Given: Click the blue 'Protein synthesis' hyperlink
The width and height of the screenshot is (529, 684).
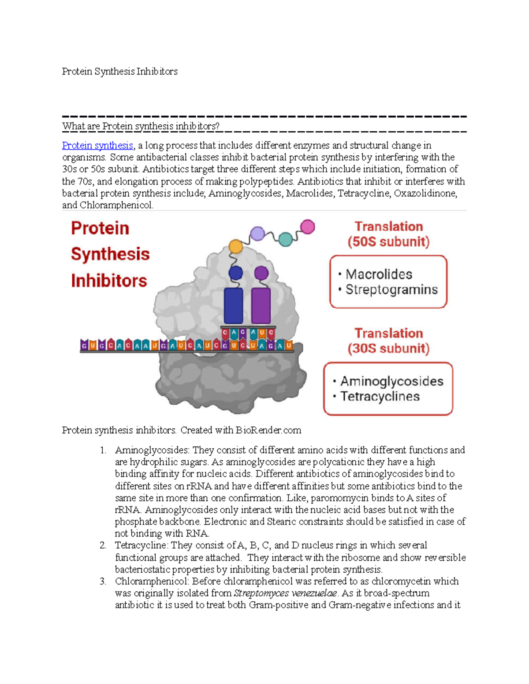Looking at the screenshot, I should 97,145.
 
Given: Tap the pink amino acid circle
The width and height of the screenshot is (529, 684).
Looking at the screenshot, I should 307,227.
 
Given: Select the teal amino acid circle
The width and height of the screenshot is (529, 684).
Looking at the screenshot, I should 286,239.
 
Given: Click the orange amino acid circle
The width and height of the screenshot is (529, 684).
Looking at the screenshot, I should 236,246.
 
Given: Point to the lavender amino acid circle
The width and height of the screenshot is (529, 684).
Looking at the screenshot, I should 257,233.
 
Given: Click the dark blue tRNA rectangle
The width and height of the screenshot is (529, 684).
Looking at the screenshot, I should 233,306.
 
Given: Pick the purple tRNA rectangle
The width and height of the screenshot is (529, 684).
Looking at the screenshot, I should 261,306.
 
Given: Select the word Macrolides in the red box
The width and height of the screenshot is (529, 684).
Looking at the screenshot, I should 379,274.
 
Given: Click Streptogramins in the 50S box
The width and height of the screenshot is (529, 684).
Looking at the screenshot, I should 391,290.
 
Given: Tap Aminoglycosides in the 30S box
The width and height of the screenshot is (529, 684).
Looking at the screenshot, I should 391,381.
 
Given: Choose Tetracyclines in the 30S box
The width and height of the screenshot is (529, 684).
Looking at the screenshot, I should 380,396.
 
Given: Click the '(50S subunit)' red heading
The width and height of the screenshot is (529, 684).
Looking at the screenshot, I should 388,242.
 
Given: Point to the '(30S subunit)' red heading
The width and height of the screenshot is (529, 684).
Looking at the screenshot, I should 388,348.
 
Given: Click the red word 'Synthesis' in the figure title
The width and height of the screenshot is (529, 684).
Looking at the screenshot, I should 110,254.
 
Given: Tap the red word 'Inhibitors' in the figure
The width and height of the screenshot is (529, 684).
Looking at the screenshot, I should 109,281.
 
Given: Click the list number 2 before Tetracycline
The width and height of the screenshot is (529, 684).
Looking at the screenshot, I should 102,545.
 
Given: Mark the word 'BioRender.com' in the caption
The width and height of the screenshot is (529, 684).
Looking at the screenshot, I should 268,430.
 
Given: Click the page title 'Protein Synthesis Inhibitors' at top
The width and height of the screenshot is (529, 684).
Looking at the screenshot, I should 119,71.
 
